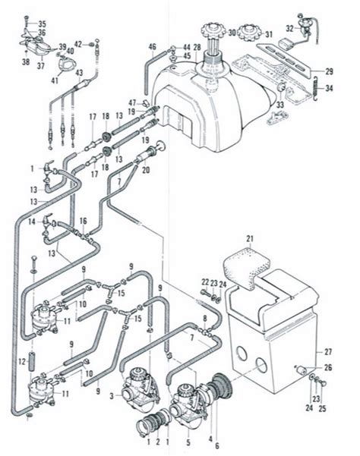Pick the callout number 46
tap(152, 48)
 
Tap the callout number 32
tap(289, 28)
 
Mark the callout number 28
tap(196, 48)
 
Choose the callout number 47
tap(132, 101)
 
